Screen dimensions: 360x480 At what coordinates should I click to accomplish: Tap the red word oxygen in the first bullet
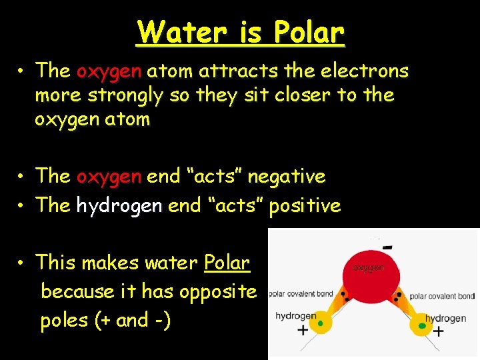coord(109,70)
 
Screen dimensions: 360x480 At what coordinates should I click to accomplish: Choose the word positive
coord(304,205)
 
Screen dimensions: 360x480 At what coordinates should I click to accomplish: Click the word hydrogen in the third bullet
coord(119,205)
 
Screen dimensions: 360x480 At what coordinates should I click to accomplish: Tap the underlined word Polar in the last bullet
coord(227,262)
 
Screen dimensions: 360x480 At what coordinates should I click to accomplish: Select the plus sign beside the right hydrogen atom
coord(438,331)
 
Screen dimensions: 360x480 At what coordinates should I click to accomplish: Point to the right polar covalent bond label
coord(442,296)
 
